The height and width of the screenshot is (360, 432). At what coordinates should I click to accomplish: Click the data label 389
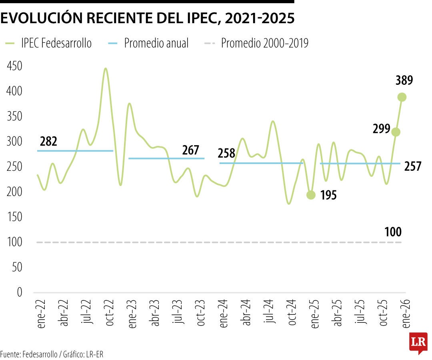[x=404, y=80]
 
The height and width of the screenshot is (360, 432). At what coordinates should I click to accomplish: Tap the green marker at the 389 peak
[x=402, y=97]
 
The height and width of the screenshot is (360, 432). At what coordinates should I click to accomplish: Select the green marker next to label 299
[x=396, y=132]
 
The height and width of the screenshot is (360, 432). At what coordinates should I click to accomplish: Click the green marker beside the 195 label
[x=311, y=195]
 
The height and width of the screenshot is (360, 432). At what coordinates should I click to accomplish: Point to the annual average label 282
[x=48, y=142]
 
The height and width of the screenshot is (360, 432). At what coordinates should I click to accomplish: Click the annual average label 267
[x=190, y=150]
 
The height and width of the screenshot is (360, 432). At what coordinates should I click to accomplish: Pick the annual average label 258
[x=226, y=153]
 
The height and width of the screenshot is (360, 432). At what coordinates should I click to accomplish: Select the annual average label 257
[x=413, y=166]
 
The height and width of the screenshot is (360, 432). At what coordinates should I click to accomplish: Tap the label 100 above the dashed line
[x=393, y=232]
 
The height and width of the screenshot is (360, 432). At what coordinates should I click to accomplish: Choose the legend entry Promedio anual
[x=156, y=43]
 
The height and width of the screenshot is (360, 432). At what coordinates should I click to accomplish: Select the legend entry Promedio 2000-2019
[x=264, y=43]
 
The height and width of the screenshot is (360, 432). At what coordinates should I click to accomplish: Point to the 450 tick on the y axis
[x=14, y=66]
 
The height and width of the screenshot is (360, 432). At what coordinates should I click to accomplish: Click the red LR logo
[x=418, y=343]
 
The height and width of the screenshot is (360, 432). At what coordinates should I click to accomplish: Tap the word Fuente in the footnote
[x=10, y=354]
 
